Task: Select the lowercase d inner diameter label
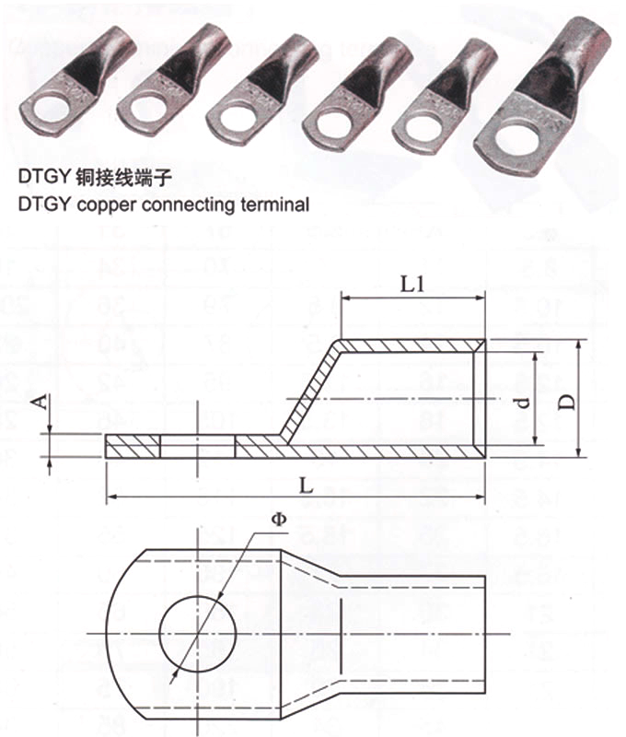(x=520, y=401)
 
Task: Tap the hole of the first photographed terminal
(x=43, y=107)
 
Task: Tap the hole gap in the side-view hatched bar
(x=197, y=449)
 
